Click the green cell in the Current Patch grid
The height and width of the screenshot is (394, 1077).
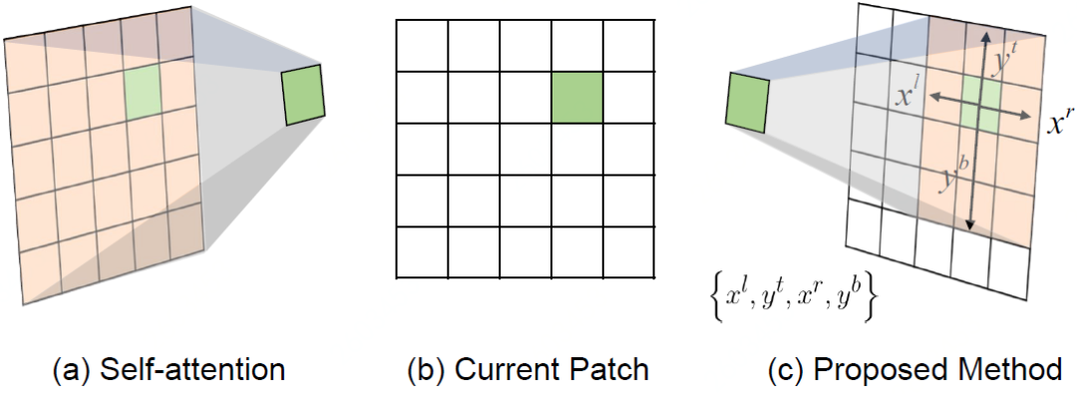click(x=577, y=98)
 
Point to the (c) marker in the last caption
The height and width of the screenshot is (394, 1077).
click(x=787, y=369)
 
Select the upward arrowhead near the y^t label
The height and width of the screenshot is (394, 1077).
click(x=985, y=33)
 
